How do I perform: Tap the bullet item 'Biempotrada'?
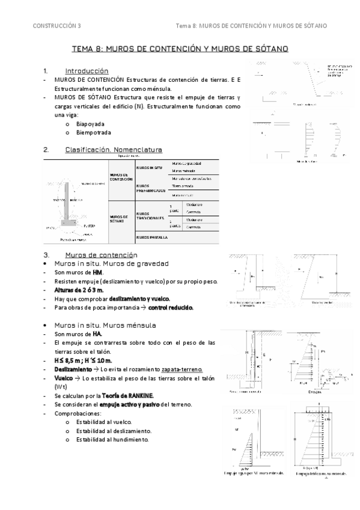[94, 132]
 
